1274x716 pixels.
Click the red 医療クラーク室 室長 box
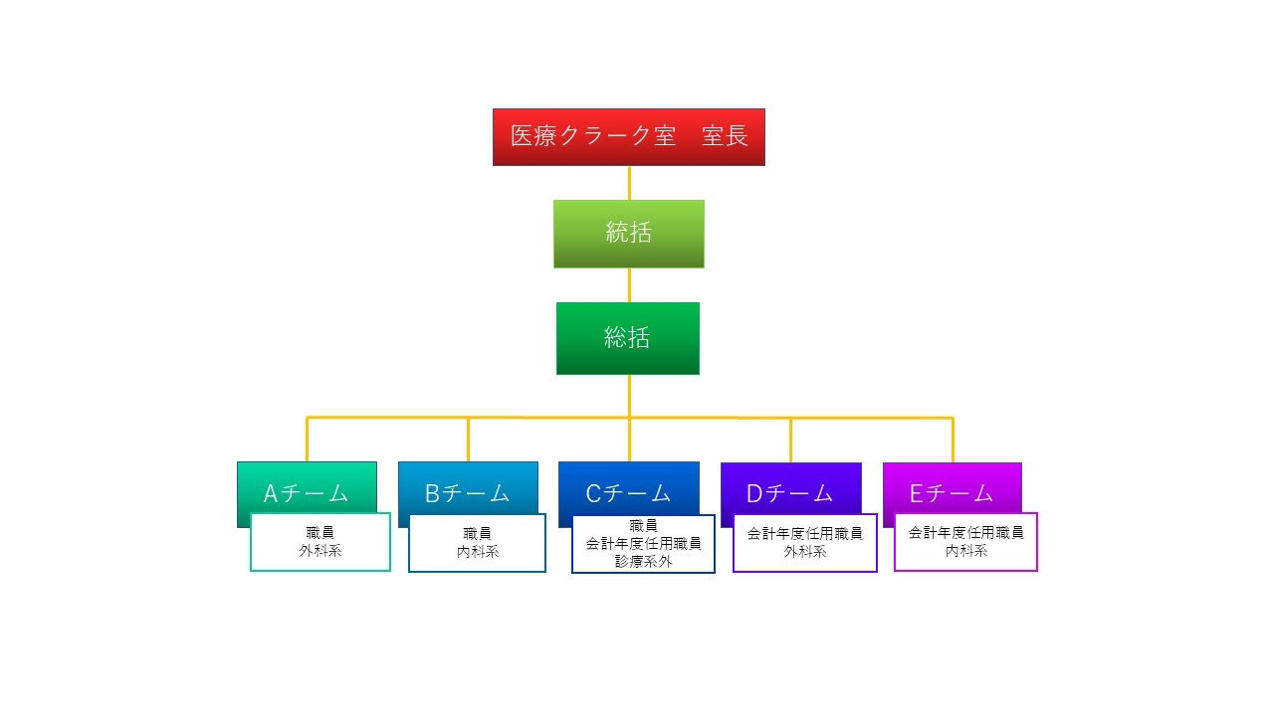(628, 137)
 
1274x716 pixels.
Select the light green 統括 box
(628, 234)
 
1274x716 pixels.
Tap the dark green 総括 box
(627, 338)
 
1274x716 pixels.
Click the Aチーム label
(306, 492)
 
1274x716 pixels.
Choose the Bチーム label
(467, 492)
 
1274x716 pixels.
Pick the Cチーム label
(628, 492)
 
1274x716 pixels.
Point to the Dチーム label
(790, 492)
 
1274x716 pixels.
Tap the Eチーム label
(952, 492)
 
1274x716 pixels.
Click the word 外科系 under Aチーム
(319, 551)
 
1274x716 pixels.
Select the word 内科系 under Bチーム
(478, 552)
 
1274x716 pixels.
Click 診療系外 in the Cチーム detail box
(643, 561)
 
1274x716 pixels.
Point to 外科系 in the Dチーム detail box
(804, 551)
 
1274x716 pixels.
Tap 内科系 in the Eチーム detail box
(965, 550)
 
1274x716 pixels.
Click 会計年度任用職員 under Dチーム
(804, 533)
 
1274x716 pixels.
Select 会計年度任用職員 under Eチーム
(965, 532)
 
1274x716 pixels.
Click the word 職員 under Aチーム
(319, 533)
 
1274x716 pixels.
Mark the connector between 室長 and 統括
(629, 183)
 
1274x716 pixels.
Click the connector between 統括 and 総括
(629, 285)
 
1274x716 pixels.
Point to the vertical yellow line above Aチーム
(308, 440)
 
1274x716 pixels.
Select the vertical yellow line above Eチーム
(953, 440)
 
